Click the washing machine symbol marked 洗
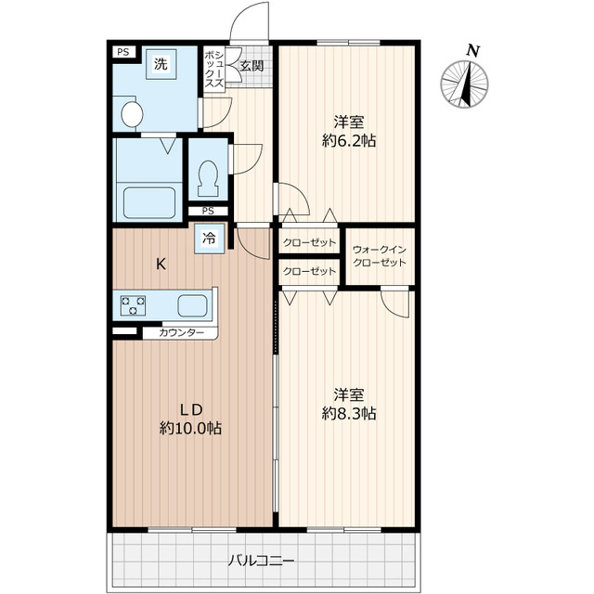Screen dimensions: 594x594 pyautogui.click(x=161, y=64)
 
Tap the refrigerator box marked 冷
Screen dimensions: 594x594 pyautogui.click(x=210, y=239)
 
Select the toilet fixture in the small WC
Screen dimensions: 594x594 pyautogui.click(x=208, y=178)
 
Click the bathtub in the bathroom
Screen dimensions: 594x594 pyautogui.click(x=149, y=202)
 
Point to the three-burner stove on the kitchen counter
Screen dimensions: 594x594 pyautogui.click(x=133, y=305)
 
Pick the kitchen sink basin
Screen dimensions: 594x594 pyautogui.click(x=192, y=305)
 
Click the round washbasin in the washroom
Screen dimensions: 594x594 pyautogui.click(x=132, y=113)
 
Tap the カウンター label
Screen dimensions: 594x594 pyautogui.click(x=182, y=333)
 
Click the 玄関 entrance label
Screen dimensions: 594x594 pyautogui.click(x=252, y=66)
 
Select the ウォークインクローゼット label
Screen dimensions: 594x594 pyautogui.click(x=380, y=256)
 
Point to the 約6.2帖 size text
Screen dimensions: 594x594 pyautogui.click(x=349, y=141)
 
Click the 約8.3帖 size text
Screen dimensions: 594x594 pyautogui.click(x=349, y=413)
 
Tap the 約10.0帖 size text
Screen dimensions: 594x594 pyautogui.click(x=190, y=428)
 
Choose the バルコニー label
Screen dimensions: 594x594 pyautogui.click(x=261, y=560)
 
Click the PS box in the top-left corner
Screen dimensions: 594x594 pyautogui.click(x=123, y=52)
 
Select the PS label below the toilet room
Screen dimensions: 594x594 pyautogui.click(x=208, y=211)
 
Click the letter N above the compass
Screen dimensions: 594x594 pyautogui.click(x=472, y=50)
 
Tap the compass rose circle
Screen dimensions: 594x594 pyautogui.click(x=464, y=84)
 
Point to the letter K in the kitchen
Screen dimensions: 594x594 pyautogui.click(x=161, y=264)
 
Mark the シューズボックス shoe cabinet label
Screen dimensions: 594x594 pyautogui.click(x=214, y=68)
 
